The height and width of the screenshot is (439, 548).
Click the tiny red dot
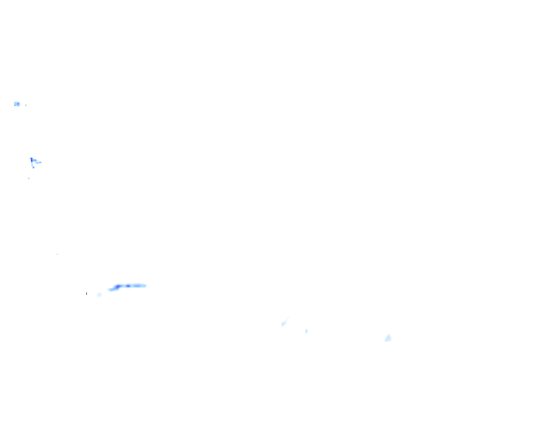(x=86, y=294)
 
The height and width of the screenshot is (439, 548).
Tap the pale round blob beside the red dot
(x=99, y=295)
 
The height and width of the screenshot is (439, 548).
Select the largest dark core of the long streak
(x=117, y=287)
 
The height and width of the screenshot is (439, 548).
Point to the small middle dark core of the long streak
(x=128, y=286)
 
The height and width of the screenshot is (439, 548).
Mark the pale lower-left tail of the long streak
(x=110, y=290)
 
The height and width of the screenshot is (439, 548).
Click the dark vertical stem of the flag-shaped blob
(x=31, y=161)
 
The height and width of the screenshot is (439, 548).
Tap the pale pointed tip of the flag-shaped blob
(x=40, y=162)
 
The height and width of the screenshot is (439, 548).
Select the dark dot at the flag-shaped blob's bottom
(x=33, y=167)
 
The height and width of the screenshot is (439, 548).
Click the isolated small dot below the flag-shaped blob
(x=29, y=178)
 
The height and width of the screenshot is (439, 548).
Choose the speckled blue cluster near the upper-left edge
(x=17, y=104)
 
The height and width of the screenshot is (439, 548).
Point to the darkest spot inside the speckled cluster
(x=18, y=104)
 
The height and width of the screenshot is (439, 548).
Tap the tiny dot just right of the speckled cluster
(x=26, y=105)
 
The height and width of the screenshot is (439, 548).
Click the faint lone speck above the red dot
(x=57, y=254)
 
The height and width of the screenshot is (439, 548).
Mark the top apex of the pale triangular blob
(x=388, y=334)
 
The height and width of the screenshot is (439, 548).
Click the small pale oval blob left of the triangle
(x=307, y=331)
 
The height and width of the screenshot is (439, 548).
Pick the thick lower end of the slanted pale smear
(x=283, y=324)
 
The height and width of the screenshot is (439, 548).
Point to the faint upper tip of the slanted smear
(x=288, y=318)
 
